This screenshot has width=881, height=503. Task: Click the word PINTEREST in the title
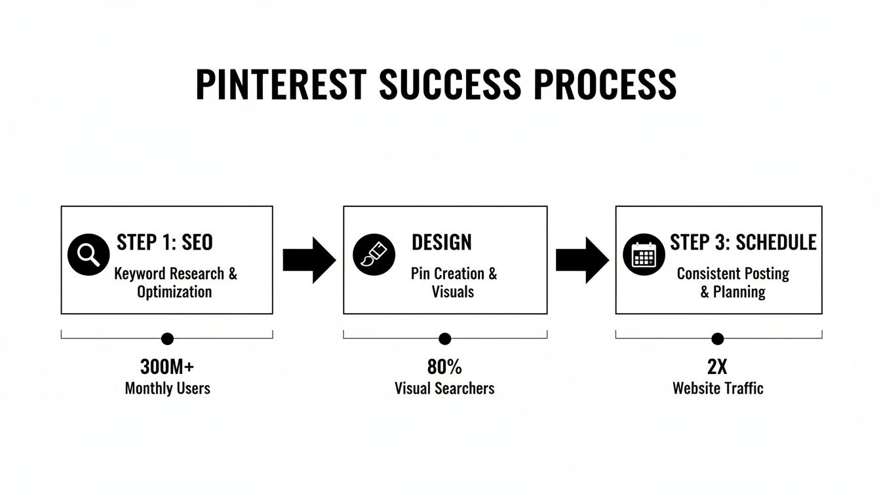(281, 84)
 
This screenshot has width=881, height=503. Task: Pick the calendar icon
(644, 255)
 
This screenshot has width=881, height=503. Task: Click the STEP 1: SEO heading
(165, 242)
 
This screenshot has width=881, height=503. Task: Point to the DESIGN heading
(441, 242)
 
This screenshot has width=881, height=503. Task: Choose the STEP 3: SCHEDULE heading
(743, 242)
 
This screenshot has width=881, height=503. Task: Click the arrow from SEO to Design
(309, 259)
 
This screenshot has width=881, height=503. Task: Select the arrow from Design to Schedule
(581, 259)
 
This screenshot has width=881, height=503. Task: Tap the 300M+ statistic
(167, 366)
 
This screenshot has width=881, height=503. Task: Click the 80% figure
(444, 366)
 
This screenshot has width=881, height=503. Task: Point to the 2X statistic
(717, 366)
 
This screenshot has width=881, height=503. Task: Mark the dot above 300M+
(167, 339)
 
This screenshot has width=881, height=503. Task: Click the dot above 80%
(444, 339)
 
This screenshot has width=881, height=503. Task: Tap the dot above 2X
(718, 339)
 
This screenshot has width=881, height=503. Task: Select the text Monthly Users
(167, 388)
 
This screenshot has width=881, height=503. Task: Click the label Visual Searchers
(444, 388)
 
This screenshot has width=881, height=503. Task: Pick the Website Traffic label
(718, 388)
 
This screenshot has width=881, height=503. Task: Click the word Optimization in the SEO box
(174, 291)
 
